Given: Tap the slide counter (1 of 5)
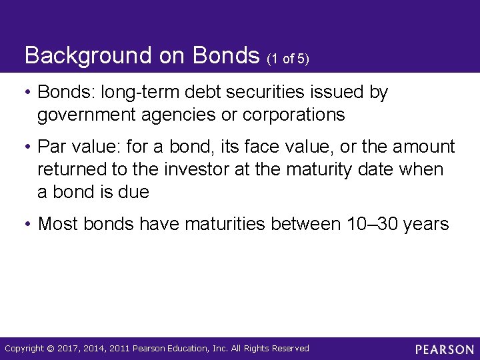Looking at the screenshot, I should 288,59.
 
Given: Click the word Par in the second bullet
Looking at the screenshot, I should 52,147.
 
